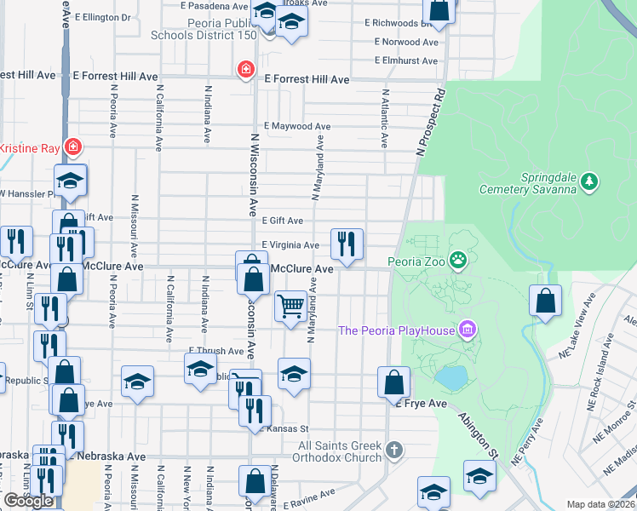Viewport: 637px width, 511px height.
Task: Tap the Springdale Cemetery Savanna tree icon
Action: tap(590, 181)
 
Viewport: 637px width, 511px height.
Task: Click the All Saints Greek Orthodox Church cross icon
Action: tap(393, 448)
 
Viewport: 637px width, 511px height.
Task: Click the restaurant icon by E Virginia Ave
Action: tap(347, 244)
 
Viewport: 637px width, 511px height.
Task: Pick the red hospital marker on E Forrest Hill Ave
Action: tap(246, 68)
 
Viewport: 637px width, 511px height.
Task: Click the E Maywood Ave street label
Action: tap(297, 126)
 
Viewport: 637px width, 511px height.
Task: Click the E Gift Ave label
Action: tap(283, 220)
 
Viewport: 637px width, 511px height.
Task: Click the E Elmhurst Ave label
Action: tap(406, 60)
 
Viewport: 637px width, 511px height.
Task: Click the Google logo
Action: tap(29, 501)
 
